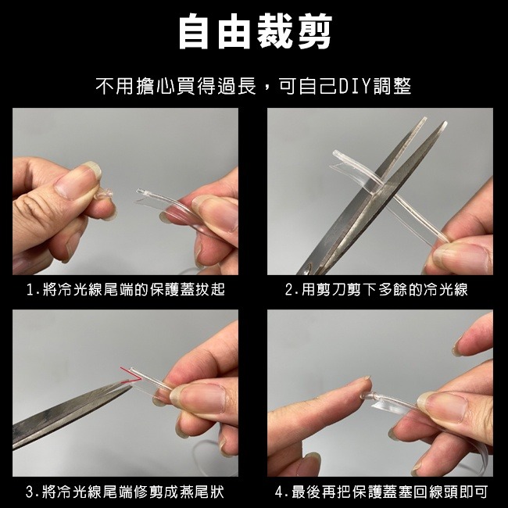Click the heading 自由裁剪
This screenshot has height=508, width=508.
pyautogui.click(x=256, y=31)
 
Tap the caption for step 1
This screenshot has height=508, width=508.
pyautogui.click(x=126, y=289)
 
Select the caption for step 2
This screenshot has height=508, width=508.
pyautogui.click(x=377, y=289)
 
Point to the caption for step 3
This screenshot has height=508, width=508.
pyautogui.click(x=125, y=492)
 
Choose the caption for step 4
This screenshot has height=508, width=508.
pyautogui.click(x=381, y=492)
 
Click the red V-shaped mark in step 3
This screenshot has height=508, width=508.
pyautogui.click(x=131, y=375)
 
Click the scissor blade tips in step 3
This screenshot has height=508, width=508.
pyautogui.click(x=130, y=385)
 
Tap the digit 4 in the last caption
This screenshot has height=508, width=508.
pyautogui.click(x=279, y=492)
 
